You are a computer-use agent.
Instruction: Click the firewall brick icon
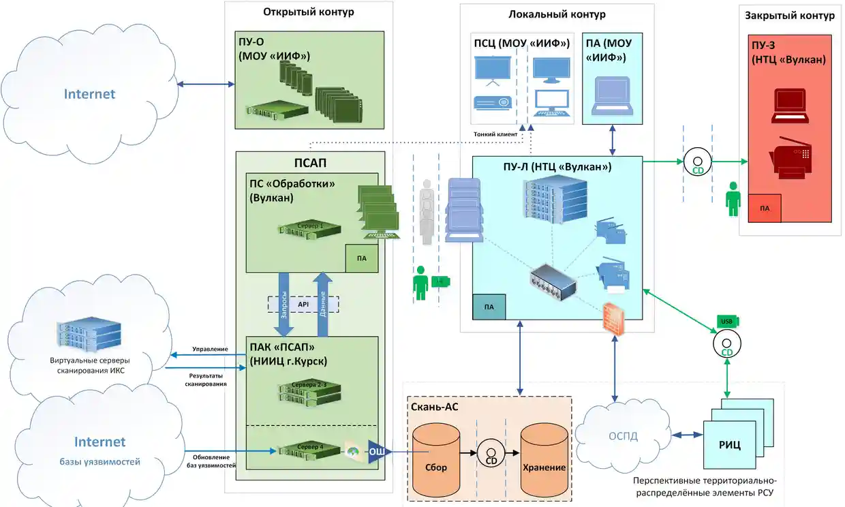(x=615, y=319)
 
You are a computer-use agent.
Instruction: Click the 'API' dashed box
(x=303, y=304)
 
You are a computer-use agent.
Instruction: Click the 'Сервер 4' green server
(x=309, y=449)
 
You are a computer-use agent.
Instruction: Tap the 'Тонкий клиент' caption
(x=495, y=134)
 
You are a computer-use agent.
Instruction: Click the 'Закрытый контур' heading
(x=789, y=15)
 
